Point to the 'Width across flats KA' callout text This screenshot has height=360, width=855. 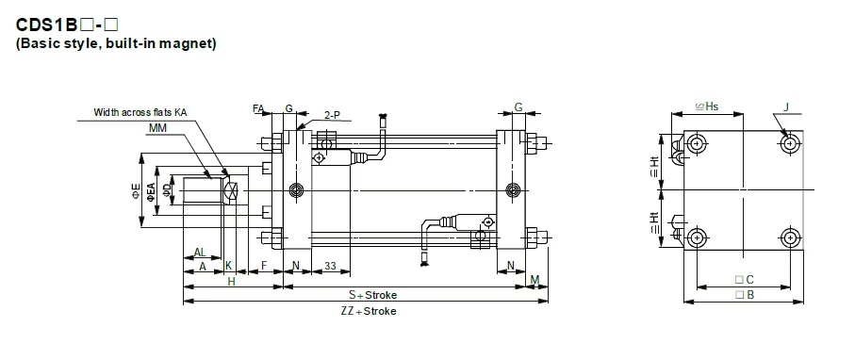coord(140,112)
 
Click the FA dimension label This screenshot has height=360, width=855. coord(258,109)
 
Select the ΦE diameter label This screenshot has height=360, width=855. coord(137,192)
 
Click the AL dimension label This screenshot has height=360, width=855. coord(200,253)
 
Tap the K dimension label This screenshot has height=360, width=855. coord(227,267)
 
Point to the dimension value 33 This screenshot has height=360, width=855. coord(330,267)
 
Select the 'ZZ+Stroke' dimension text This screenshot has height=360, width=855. coord(368,310)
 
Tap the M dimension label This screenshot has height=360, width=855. coord(534,280)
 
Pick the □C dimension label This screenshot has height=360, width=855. coord(743,280)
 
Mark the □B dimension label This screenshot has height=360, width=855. coord(743,295)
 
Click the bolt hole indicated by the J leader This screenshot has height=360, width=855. coord(790,143)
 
